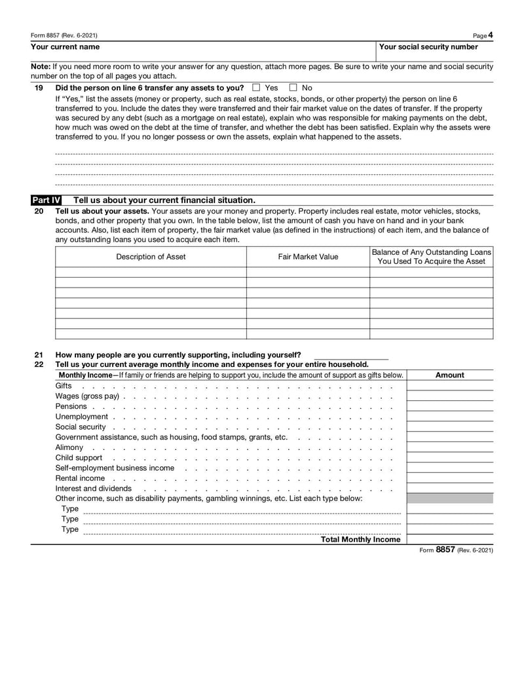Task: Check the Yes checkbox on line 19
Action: (256, 87)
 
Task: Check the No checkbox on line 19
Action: (293, 87)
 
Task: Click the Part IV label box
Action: (46, 200)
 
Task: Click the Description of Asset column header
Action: (151, 257)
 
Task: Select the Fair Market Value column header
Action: (308, 257)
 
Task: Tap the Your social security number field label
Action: (428, 47)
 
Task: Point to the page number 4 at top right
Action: (491, 35)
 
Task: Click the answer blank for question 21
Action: (350, 355)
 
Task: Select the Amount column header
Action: (449, 375)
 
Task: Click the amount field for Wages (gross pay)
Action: (449, 396)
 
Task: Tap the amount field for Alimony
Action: (449, 447)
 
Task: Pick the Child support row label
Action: (79, 458)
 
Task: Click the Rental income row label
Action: (80, 478)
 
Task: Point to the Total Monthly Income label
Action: (360, 539)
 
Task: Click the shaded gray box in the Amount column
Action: (449, 499)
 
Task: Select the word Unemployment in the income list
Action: (81, 417)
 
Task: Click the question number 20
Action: (39, 211)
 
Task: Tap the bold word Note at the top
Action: (40, 67)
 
